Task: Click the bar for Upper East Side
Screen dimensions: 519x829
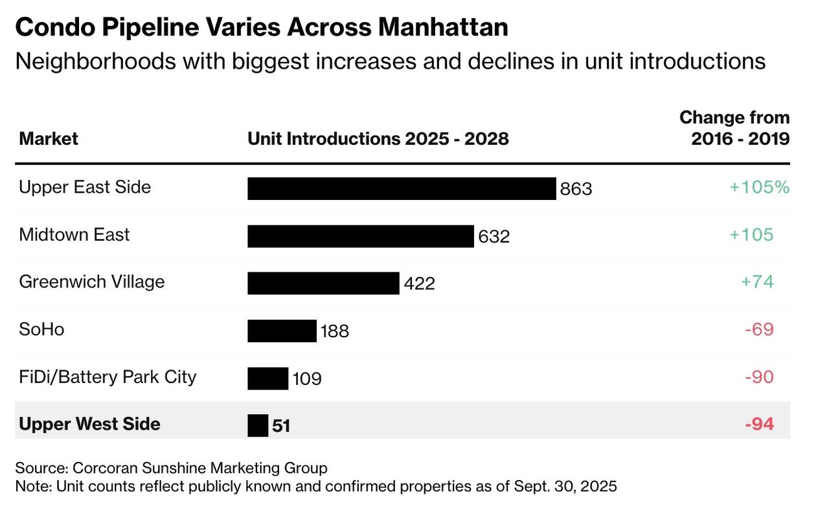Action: tap(402, 188)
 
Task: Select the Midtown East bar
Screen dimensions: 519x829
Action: tap(360, 236)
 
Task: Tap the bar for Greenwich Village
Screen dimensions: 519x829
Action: tap(323, 283)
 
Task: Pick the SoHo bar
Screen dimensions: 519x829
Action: tap(282, 331)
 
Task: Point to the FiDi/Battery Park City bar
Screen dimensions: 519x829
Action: tap(267, 378)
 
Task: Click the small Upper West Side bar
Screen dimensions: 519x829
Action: tap(258, 425)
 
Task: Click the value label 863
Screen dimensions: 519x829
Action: tap(576, 189)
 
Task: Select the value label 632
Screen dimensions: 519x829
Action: tap(494, 237)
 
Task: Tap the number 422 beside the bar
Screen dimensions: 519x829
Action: tap(419, 284)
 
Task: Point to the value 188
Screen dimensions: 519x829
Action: tap(334, 331)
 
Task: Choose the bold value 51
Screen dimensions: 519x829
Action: tap(281, 426)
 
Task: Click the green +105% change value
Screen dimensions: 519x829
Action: tap(759, 187)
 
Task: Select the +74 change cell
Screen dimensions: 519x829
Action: tap(757, 282)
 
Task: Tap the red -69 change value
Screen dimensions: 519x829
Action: tap(759, 329)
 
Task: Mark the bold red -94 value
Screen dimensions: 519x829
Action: tap(759, 425)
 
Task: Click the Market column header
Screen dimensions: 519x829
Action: tap(49, 138)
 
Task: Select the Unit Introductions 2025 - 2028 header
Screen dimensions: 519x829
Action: tap(378, 138)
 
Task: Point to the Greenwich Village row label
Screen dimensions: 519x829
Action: tap(92, 282)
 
